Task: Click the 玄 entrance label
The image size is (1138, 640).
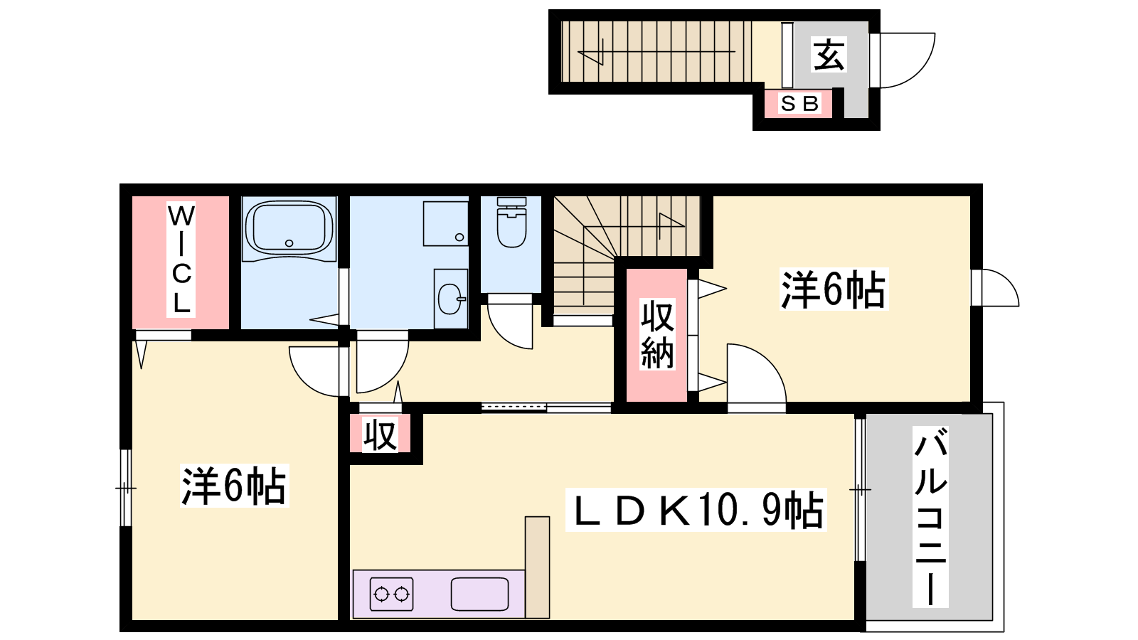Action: pos(829,54)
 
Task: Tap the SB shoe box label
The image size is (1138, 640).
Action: pos(799,104)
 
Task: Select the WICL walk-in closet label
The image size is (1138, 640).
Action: pos(181,260)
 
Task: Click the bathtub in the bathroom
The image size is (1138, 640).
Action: pos(289,228)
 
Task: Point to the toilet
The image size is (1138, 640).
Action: pos(511,223)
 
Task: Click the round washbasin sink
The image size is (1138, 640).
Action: pos(450,299)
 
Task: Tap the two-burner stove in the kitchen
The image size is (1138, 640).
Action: pos(391,594)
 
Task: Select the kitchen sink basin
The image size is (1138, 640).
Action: pos(479,594)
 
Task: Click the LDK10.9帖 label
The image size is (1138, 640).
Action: pos(696,510)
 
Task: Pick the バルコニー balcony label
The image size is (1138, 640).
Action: pos(930,516)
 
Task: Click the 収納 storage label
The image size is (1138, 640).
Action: pos(657,335)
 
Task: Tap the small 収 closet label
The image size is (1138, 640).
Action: pos(380,434)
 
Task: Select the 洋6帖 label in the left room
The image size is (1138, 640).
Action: pos(234,486)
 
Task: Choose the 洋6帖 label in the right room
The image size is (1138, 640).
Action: pos(834,289)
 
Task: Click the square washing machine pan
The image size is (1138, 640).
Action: pos(445,223)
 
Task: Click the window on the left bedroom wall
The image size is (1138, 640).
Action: pos(125,488)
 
